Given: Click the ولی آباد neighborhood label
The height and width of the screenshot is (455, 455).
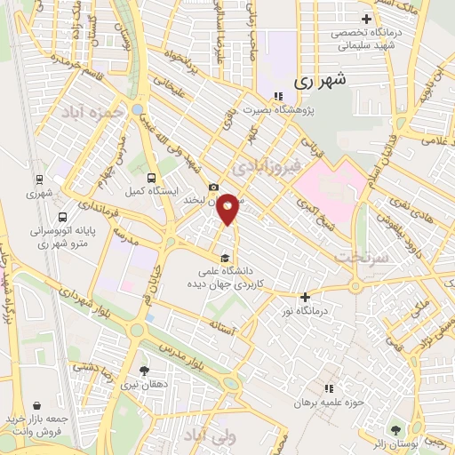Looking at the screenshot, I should (x=211, y=436).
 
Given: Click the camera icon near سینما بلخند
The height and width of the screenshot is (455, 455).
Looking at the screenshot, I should (x=213, y=188).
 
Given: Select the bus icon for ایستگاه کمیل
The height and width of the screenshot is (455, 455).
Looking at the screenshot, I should (x=152, y=178).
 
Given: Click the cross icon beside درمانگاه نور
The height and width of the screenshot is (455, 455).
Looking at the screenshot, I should (x=306, y=298).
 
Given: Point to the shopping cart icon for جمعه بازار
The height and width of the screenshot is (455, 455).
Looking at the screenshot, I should (x=36, y=404).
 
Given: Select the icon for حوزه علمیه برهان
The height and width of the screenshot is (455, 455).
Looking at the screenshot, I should (x=329, y=388).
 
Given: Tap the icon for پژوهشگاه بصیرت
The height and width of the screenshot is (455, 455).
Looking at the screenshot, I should (x=277, y=96).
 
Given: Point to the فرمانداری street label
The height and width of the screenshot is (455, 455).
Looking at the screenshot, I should (x=98, y=210).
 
